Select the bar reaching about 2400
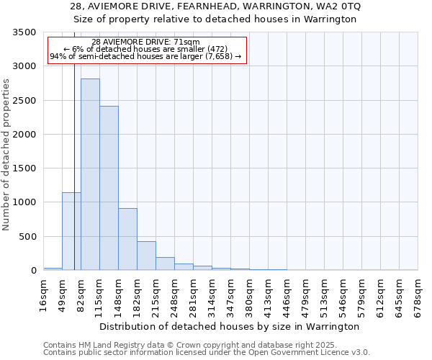[109, 188]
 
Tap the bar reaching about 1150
[71, 231]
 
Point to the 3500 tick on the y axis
[25, 33]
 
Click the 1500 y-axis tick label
[25, 168]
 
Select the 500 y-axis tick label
[28, 237]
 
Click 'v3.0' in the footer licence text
[359, 353]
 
